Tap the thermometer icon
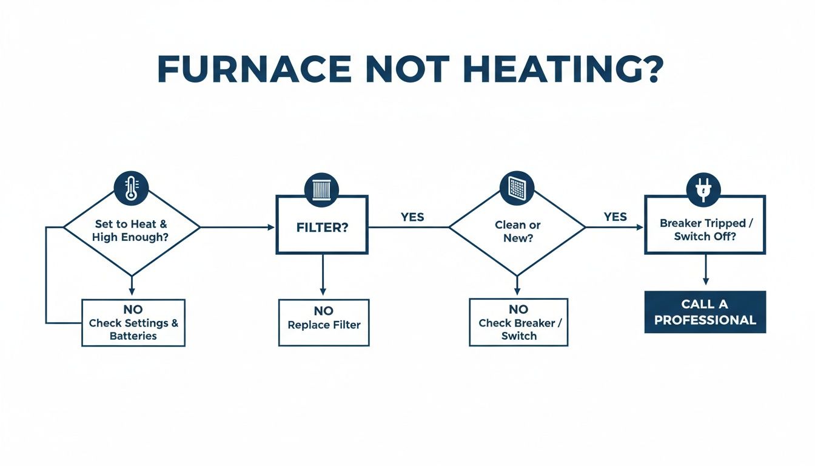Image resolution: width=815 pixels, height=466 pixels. coord(131,188)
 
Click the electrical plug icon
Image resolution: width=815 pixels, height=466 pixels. coord(703,189)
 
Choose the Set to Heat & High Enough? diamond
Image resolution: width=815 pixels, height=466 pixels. coord(131,231)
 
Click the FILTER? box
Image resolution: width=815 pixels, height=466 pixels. coord(322,228)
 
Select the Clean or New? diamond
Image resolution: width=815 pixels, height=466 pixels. coord(517,231)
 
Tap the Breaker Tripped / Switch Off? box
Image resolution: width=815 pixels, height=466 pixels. coord(705,229)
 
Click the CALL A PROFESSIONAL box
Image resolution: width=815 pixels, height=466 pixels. coord(705,312)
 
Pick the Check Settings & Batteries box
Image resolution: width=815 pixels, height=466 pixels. coord(133,323)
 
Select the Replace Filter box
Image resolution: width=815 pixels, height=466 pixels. coord(324,323)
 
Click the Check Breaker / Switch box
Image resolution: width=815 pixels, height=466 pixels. coord(518,323)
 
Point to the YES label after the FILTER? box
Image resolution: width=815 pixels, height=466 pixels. coord(412,217)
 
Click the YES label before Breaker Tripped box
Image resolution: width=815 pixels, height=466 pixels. coord(615,217)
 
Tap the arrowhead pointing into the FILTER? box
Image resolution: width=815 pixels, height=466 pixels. coord(270,228)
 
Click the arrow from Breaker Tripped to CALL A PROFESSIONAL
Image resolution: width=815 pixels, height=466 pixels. coord(705,269)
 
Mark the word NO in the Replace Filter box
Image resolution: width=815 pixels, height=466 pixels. coord(324,311)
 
